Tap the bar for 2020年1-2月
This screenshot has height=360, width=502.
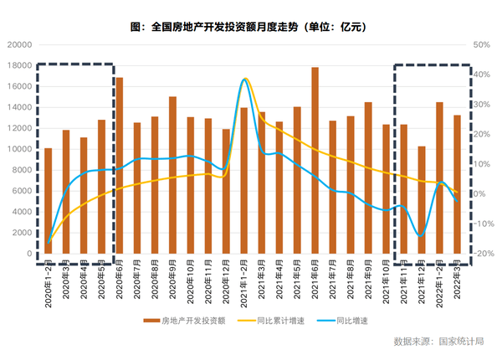coord(49,201)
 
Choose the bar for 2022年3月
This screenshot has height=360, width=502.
coord(458,184)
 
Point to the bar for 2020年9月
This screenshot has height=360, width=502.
coord(173,175)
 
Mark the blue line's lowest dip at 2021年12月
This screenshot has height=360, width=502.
coord(421,237)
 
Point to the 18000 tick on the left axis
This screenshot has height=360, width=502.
coord(22,65)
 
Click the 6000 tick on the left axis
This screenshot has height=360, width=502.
coord(24,191)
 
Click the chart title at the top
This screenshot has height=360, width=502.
coord(250,27)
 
